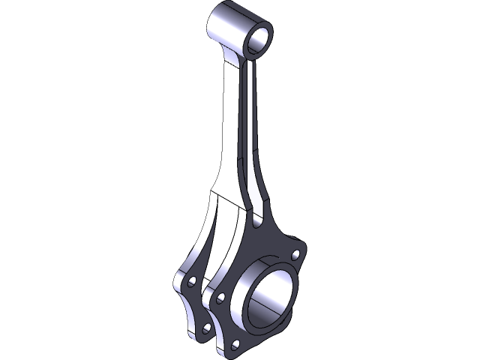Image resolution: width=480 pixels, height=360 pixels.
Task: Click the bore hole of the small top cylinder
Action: [x=256, y=36]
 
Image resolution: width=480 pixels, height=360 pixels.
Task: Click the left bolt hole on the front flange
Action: [x=220, y=298]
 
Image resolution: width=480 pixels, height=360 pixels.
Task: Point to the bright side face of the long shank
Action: [x=233, y=127]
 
